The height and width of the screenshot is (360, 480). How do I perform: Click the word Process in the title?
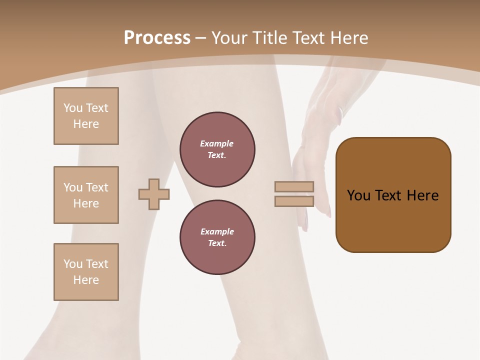(x=157, y=38)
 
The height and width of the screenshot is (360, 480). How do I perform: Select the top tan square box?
(x=86, y=116)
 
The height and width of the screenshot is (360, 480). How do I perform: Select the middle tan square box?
(x=86, y=195)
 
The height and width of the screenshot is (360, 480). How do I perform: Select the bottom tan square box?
(x=86, y=272)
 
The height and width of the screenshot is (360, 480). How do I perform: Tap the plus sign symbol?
(x=154, y=194)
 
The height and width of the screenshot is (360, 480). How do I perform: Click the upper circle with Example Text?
(x=217, y=149)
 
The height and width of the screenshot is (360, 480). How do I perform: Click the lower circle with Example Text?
(x=217, y=237)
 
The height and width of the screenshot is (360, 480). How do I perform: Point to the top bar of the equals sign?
(x=294, y=186)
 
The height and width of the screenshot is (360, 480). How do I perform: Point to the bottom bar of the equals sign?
(x=294, y=201)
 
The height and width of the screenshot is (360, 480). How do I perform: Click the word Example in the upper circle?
(x=216, y=143)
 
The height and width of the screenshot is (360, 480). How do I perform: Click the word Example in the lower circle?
(x=216, y=231)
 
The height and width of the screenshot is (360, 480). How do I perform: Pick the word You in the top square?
(x=73, y=108)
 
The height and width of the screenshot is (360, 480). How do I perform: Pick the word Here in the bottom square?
(x=86, y=280)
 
